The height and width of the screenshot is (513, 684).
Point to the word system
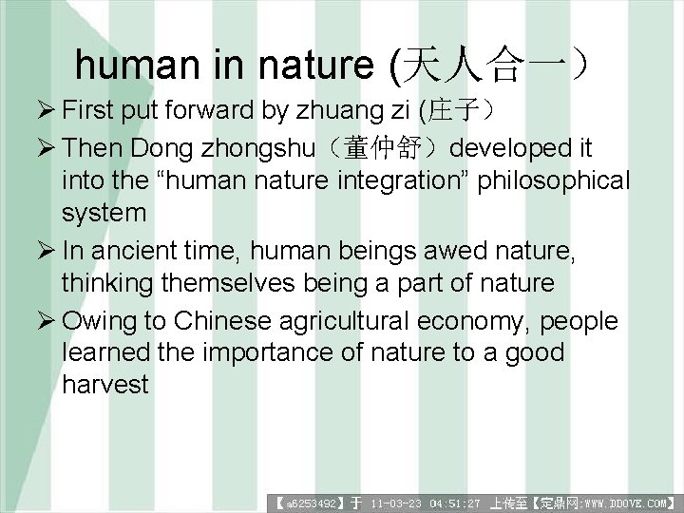pos(104,213)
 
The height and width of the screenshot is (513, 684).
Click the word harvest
pos(105,385)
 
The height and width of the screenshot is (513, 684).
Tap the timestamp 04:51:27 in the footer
pos(455,501)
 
